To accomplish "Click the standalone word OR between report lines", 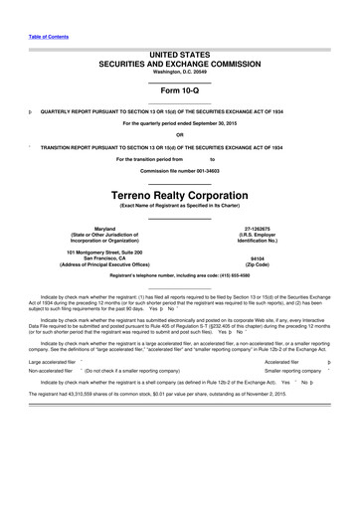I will click(x=179, y=135).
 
